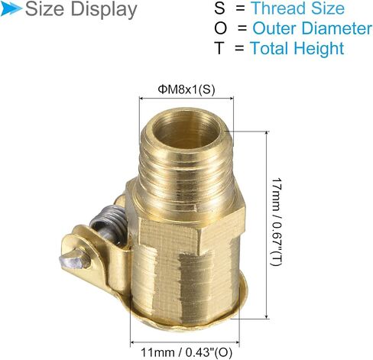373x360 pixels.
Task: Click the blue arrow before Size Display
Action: click(x=11, y=9)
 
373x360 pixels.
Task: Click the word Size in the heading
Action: click(x=44, y=9)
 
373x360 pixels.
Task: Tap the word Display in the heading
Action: click(x=104, y=10)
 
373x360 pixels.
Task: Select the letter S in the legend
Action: click(x=219, y=8)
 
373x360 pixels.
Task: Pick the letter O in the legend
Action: click(x=220, y=28)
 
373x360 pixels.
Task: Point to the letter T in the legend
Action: click(x=219, y=48)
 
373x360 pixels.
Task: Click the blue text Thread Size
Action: click(x=298, y=8)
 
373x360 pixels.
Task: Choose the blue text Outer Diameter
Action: click(x=313, y=28)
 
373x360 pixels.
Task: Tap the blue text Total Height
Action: click(x=297, y=48)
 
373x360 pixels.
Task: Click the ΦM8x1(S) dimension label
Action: click(x=186, y=89)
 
